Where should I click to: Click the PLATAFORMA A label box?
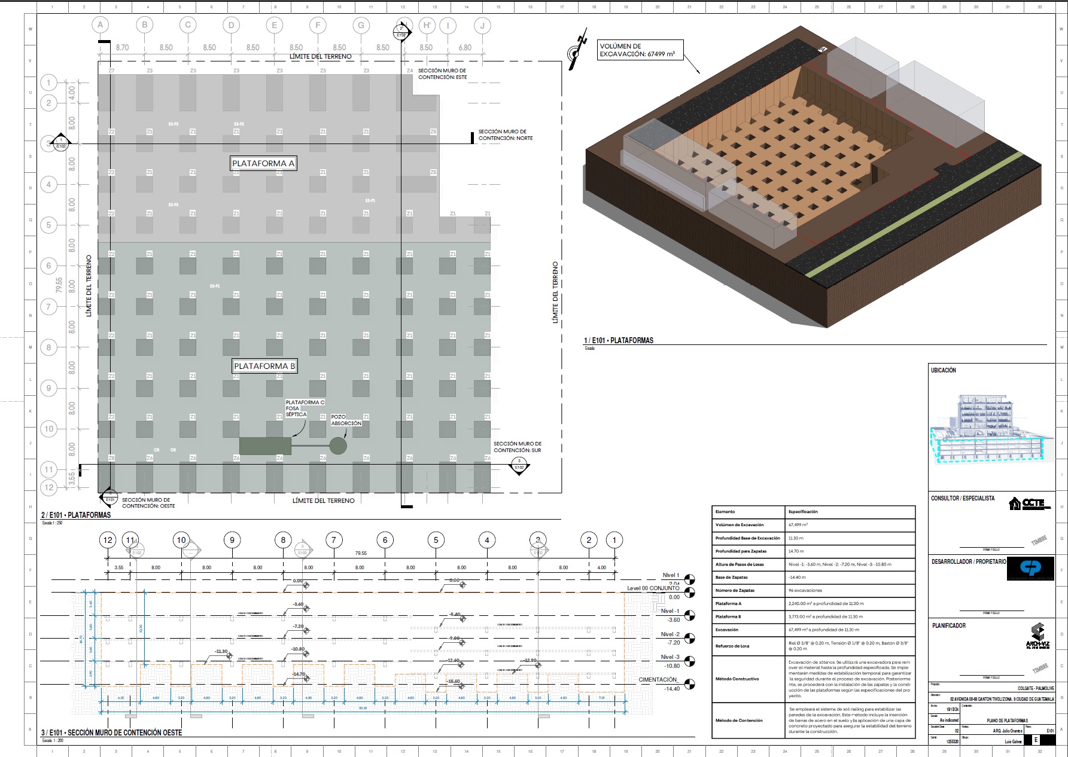coord(263,163)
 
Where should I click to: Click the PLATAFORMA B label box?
coord(264,366)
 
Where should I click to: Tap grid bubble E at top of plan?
coord(275,25)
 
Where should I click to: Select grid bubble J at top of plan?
coord(482,25)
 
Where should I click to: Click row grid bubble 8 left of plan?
coord(49,347)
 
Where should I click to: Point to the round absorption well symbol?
coord(338,445)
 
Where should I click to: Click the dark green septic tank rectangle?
coord(265,446)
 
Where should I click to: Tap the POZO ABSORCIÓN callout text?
coord(346,420)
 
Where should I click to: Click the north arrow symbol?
coord(576,53)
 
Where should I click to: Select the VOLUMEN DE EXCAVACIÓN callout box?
coord(637,50)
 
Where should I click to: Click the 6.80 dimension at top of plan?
coord(465,48)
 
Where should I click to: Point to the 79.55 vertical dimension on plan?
coord(59,285)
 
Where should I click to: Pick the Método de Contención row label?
coord(739,721)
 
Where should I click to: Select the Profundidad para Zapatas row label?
coord(741,551)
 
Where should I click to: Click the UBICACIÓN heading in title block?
coord(944,371)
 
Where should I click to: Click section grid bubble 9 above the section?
coord(232,540)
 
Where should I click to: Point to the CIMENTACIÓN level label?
coord(658,680)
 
